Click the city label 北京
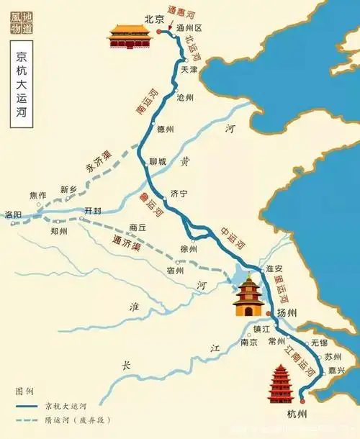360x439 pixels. pos(155,19)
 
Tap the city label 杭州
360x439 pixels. pos(297,413)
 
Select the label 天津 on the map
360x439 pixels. pos(189,70)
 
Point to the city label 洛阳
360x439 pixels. pos(14,214)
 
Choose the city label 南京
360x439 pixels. pos(249,343)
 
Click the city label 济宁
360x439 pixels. pos(179,194)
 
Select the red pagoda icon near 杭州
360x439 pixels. pos(279,384)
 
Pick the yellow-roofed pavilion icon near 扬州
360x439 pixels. pos(247,297)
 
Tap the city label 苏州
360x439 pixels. pos(332,356)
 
